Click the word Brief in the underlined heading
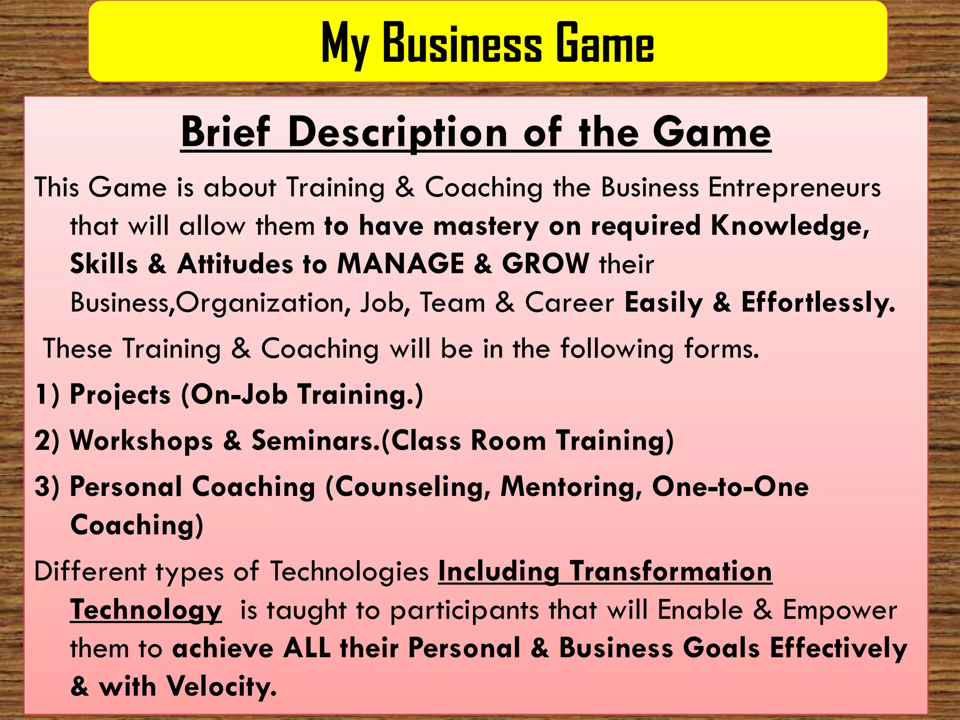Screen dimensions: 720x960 coord(226,133)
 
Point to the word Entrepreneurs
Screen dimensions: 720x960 coord(795,187)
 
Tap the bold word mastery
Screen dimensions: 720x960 coord(486,226)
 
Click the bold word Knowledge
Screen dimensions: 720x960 coord(790,226)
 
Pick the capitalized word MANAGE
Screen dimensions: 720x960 coord(401,263)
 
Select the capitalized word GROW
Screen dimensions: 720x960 coord(546,263)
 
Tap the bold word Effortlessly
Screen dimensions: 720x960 coord(818,303)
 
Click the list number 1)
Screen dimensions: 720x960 coord(47,394)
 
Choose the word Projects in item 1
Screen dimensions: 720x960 coord(120,395)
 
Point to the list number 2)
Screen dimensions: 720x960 coord(47,441)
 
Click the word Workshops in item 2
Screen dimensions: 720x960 coord(141,441)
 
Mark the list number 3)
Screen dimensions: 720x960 coord(47,487)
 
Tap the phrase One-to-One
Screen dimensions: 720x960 coord(730,487)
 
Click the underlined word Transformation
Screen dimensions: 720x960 coord(671,572)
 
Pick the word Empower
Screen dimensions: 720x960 coord(840,611)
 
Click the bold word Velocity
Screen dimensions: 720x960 coord(222,687)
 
